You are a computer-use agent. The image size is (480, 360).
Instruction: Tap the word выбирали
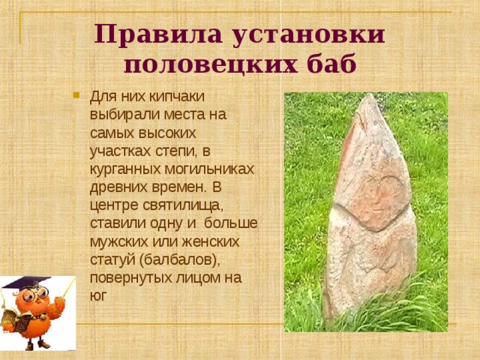point(120,115)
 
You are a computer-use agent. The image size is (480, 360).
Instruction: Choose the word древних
point(118,187)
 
